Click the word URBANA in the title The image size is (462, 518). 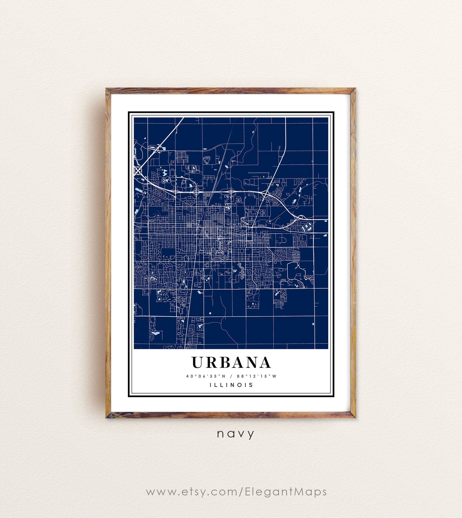tap(231, 362)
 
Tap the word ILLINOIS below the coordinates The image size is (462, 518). tap(231, 385)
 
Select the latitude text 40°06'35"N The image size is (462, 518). tap(206, 376)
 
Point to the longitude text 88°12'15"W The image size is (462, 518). tap(257, 376)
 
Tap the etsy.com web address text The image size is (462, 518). tap(236, 492)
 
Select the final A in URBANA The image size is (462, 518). tap(265, 362)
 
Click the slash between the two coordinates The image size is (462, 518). tap(231, 376)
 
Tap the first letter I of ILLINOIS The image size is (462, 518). tap(211, 385)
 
